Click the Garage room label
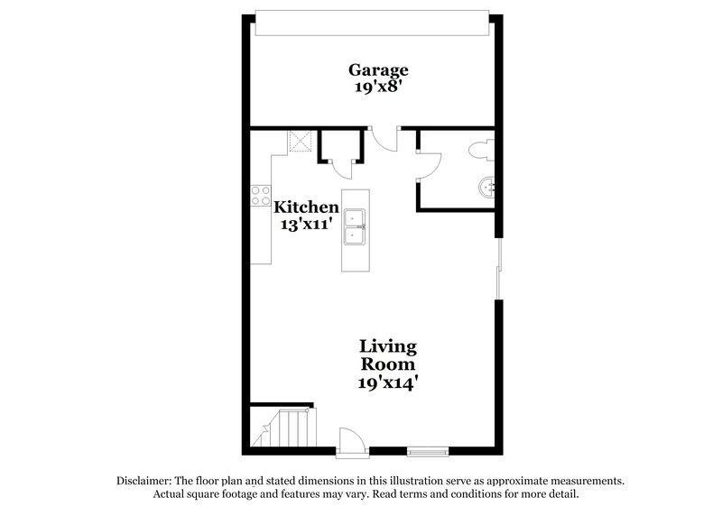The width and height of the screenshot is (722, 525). click(x=379, y=70)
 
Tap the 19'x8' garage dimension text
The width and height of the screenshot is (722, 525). click(x=379, y=88)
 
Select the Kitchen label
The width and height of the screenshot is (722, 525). click(x=307, y=207)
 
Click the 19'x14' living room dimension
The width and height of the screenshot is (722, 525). click(x=388, y=383)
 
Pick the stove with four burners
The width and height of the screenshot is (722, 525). click(x=261, y=196)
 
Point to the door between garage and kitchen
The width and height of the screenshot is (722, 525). click(x=385, y=140)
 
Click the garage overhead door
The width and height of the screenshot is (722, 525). click(x=374, y=24)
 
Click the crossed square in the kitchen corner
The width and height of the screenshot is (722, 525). click(x=298, y=142)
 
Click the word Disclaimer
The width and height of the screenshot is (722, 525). click(x=144, y=482)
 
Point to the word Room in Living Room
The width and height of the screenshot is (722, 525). click(x=388, y=365)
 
